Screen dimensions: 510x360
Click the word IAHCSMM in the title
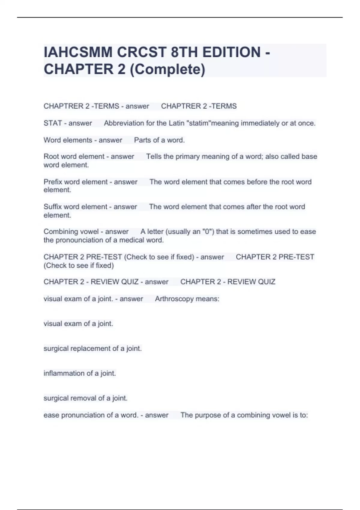[78, 52]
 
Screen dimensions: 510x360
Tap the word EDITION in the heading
[231, 52]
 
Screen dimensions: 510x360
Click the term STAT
[52, 123]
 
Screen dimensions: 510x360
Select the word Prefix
[52, 182]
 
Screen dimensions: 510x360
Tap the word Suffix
[52, 207]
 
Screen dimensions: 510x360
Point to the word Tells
[154, 157]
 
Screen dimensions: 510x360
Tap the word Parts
[142, 140]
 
